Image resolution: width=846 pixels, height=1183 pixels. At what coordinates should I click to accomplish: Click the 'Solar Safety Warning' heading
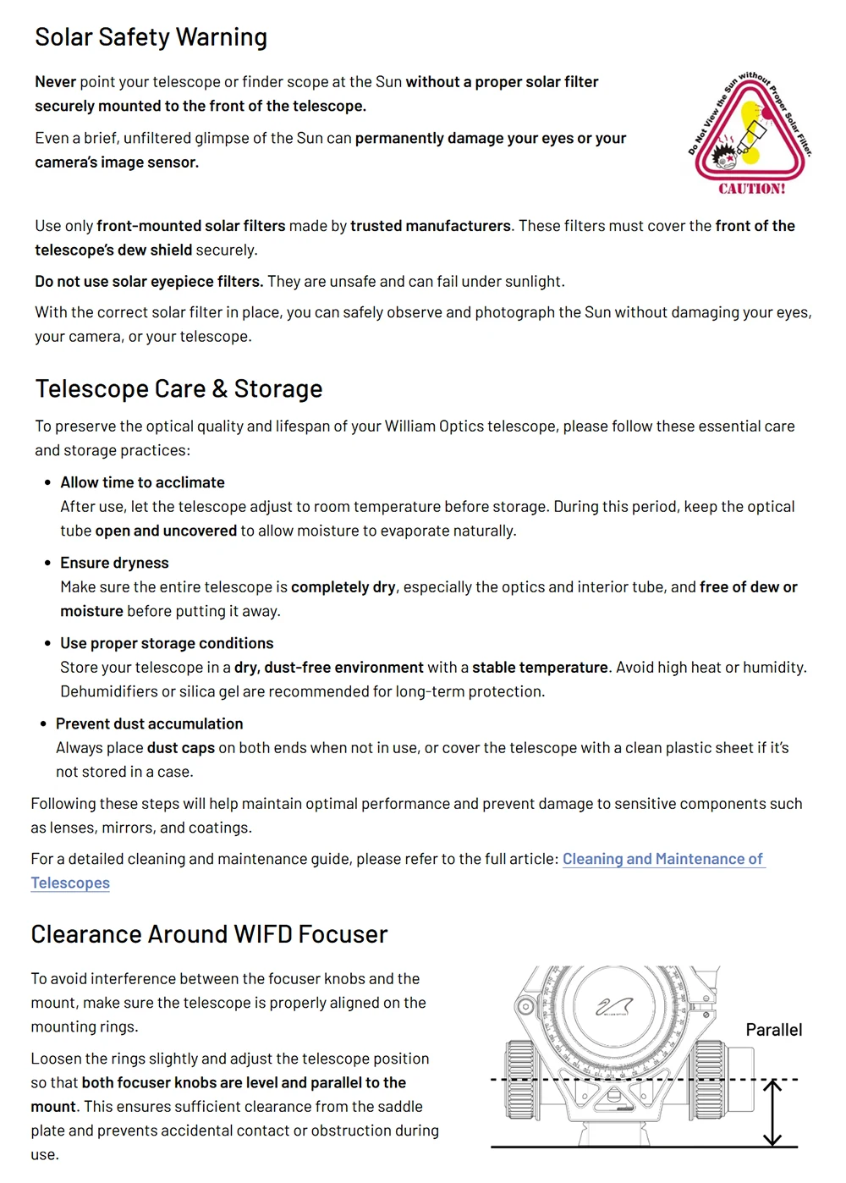point(151,37)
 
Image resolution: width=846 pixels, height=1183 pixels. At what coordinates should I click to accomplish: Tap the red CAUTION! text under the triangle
point(751,189)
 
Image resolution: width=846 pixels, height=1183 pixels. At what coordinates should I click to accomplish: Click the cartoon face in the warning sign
point(725,154)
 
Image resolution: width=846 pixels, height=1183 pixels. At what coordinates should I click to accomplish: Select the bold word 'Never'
point(56,82)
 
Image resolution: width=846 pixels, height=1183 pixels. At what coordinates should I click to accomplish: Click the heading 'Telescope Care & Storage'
point(179,389)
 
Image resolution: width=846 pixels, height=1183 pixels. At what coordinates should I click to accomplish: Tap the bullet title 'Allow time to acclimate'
point(142,482)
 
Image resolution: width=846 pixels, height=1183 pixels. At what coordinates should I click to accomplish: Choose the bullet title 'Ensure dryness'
point(114,563)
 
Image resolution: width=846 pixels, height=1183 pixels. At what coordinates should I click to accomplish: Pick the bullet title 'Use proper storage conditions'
point(167,643)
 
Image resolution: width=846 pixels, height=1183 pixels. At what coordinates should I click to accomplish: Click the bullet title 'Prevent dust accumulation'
point(149,724)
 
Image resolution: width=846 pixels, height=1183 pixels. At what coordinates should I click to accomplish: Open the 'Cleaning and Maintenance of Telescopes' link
point(662,859)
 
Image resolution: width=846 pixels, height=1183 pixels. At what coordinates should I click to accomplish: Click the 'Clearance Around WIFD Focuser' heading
point(209,934)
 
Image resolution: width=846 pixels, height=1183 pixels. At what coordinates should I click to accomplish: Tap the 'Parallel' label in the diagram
point(773,1030)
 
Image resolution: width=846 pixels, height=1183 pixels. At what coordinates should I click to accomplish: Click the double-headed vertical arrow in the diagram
point(772,1113)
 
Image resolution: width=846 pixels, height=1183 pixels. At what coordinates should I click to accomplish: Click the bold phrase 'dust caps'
point(181,748)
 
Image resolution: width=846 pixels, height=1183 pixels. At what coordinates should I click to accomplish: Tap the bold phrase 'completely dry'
point(343,587)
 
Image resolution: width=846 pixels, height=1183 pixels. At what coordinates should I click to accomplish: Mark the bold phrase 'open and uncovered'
point(166,531)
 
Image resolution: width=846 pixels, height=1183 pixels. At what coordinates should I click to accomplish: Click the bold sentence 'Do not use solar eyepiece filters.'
point(149,282)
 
